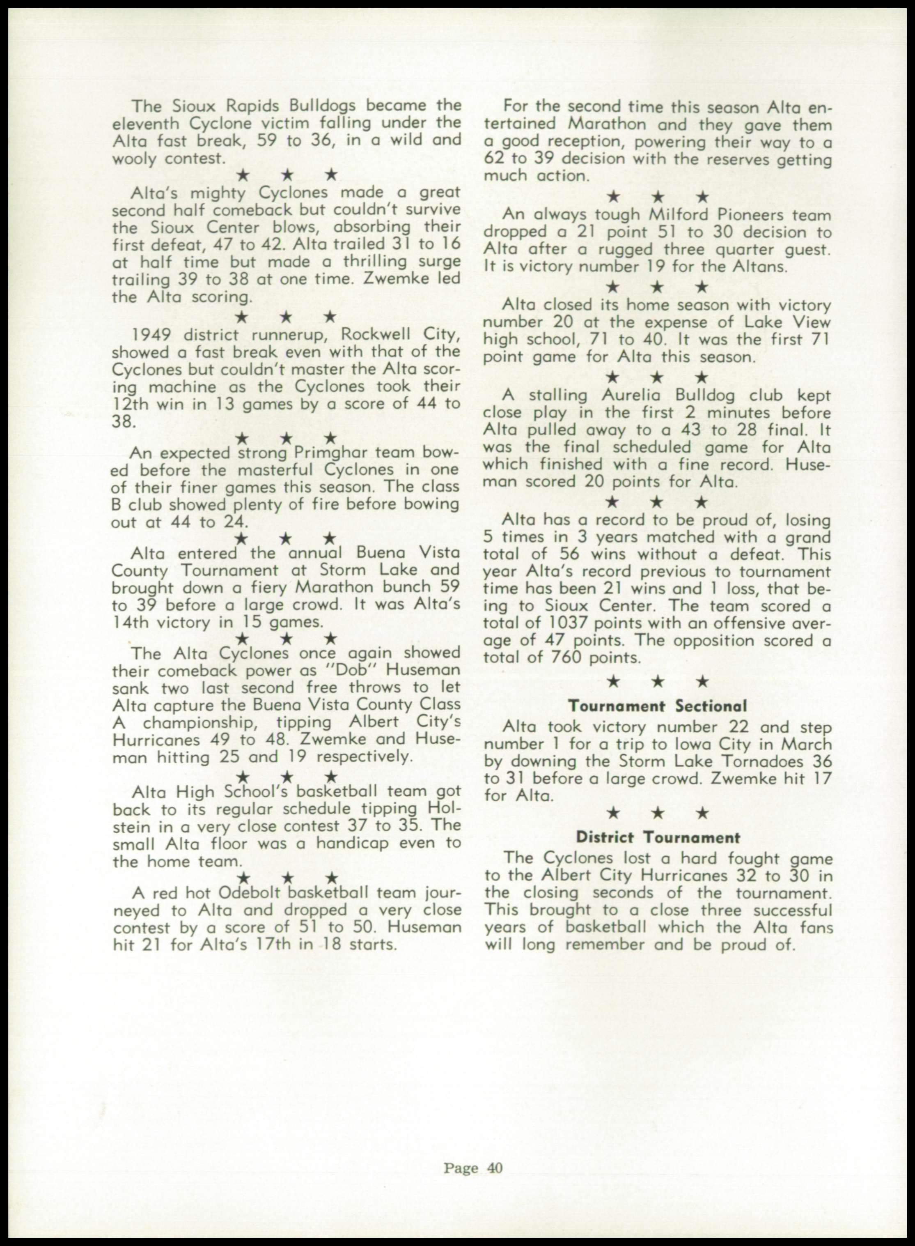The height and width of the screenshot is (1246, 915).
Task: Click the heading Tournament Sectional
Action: coord(658,706)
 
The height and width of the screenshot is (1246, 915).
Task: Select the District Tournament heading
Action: coord(658,837)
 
